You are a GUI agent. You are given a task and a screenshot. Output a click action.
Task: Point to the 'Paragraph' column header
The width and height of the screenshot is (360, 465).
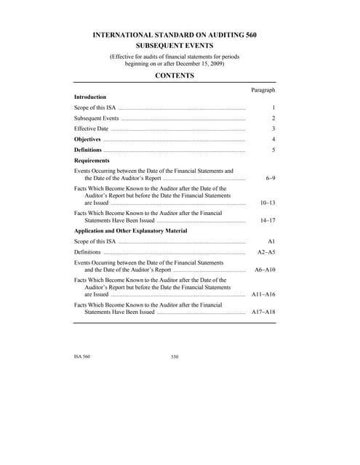[263, 89]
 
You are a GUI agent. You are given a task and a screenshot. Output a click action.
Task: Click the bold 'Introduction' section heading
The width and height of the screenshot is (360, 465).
[90, 97]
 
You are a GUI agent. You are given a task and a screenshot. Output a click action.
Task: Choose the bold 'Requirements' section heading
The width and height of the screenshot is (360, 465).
[92, 160]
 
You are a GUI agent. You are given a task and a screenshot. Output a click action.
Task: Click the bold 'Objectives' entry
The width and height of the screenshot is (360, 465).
[87, 138]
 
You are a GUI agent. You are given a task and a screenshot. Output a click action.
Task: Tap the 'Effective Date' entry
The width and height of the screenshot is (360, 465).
[91, 128]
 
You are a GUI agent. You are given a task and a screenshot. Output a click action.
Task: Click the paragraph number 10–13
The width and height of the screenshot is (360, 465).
[267, 203]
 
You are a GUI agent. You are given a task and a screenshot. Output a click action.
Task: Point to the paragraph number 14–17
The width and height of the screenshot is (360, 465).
[267, 220]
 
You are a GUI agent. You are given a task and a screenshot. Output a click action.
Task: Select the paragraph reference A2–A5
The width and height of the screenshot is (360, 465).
[266, 251]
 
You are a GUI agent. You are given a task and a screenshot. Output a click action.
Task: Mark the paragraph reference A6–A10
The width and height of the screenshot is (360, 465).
[265, 270]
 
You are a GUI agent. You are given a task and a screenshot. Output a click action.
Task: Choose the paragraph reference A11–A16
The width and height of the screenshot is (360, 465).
[263, 295]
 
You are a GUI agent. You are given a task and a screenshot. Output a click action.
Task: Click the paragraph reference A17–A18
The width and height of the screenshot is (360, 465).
[263, 312]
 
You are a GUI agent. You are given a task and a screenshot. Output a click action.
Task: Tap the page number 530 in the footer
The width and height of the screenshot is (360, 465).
[175, 357]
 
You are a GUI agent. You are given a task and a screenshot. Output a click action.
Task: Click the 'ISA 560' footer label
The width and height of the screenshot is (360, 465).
[82, 357]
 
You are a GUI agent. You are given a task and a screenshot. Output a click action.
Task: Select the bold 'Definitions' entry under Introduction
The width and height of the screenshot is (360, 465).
[88, 150]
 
